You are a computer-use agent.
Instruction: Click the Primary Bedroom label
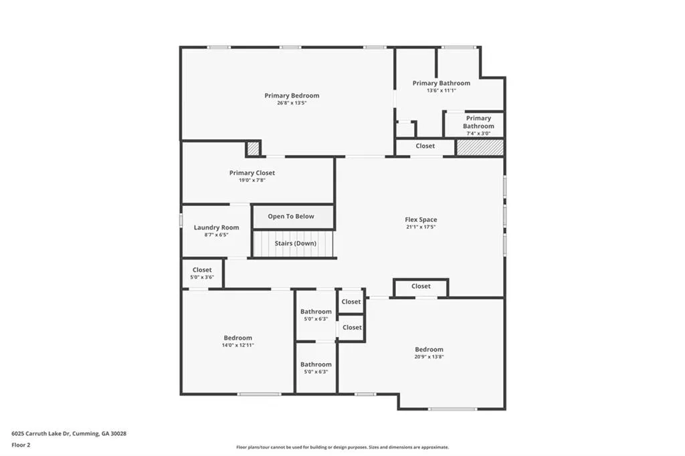tap(292, 96)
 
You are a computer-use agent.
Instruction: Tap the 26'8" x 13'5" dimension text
tap(292, 103)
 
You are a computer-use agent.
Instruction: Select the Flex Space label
tap(421, 219)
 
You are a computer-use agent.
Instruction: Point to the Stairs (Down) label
tap(295, 243)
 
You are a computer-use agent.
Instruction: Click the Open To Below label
tap(291, 217)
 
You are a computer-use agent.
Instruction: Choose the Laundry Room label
tap(216, 227)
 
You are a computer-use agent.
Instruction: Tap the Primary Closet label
tap(252, 173)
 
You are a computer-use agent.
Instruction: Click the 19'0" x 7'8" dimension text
tap(252, 180)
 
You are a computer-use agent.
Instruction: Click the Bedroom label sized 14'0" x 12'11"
tap(238, 338)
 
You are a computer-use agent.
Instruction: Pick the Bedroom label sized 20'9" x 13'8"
tap(429, 349)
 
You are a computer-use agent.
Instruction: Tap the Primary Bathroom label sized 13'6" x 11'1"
tap(441, 83)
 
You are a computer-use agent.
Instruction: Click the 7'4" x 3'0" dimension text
tap(478, 133)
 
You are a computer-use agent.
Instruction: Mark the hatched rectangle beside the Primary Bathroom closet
tap(480, 147)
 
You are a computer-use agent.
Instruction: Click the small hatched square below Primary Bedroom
tap(253, 148)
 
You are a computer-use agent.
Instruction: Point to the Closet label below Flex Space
tap(421, 286)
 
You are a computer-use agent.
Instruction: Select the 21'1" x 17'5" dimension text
tap(421, 227)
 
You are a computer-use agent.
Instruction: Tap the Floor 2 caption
tap(21, 445)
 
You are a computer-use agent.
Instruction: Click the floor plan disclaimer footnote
tap(342, 447)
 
